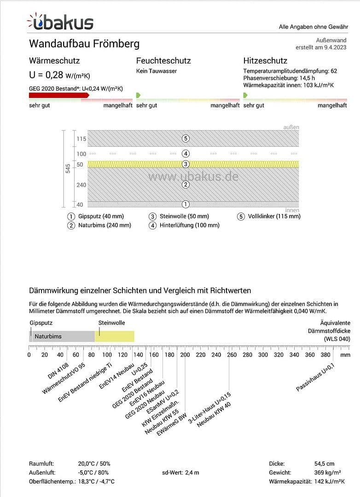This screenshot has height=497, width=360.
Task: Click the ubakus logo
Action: [x=60, y=22]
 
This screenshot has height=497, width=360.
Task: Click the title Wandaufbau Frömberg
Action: [x=84, y=44]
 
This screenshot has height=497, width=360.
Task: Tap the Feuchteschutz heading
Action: [x=163, y=61]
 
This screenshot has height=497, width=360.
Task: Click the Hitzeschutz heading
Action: [x=265, y=61]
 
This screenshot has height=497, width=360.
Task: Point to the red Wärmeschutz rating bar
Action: [x=59, y=95]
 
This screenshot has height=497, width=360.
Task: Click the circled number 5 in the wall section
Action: [x=186, y=138]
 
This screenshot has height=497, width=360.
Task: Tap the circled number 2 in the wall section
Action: [x=186, y=185]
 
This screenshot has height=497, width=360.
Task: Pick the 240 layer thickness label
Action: [x=81, y=185]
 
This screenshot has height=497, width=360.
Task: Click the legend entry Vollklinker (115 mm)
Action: [x=274, y=216]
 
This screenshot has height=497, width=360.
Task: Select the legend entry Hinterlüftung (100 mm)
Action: [x=189, y=225]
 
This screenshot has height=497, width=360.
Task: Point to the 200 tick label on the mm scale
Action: [x=185, y=355]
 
